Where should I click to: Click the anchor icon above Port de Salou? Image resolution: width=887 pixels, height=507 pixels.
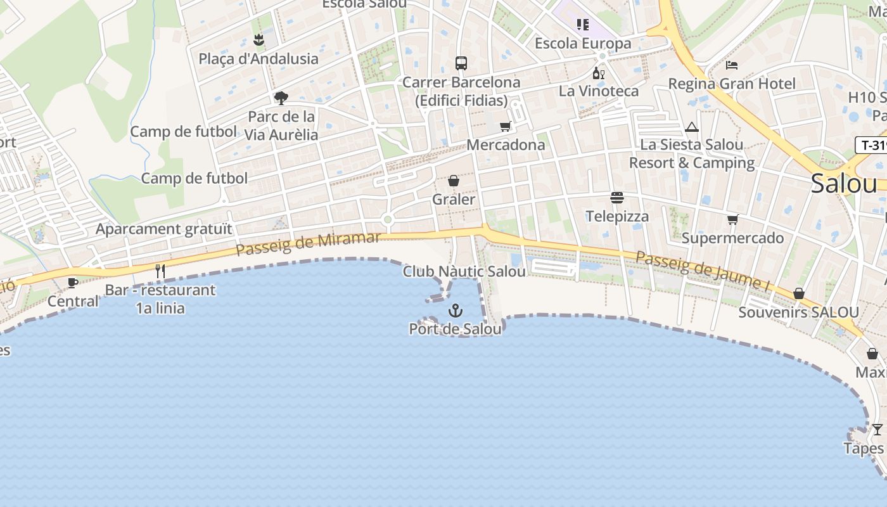(x=455, y=311)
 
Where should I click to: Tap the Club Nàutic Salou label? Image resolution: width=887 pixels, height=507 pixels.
(x=464, y=272)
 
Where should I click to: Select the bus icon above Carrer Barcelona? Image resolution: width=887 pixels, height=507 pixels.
(x=461, y=63)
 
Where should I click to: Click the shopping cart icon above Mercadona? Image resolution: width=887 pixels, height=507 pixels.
(x=505, y=126)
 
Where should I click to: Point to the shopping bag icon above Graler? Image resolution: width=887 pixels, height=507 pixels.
(x=454, y=181)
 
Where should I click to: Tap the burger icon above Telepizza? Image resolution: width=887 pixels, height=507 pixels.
(x=617, y=198)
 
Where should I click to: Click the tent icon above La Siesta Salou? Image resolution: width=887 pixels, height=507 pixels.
(x=692, y=127)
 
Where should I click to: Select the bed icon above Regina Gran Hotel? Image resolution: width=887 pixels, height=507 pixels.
(x=732, y=65)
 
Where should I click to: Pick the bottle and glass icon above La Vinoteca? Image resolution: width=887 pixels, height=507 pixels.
(x=598, y=73)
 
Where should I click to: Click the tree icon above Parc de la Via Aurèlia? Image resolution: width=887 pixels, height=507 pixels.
(x=281, y=98)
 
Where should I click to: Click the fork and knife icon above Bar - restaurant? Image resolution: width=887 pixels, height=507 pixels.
(x=160, y=271)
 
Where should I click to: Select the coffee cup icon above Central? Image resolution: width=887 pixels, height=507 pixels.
(x=73, y=283)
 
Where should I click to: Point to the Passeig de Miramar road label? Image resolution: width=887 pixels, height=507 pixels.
(x=308, y=244)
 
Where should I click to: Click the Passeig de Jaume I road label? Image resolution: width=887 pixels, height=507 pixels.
(x=702, y=272)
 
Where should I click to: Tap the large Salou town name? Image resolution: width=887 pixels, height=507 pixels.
(x=843, y=184)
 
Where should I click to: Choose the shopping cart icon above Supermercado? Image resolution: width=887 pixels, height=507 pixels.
(x=732, y=220)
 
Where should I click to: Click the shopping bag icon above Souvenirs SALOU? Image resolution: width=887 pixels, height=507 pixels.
(x=799, y=294)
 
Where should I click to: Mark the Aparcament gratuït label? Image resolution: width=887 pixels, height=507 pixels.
(x=164, y=229)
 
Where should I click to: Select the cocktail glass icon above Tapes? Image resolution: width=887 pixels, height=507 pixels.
(x=877, y=430)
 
